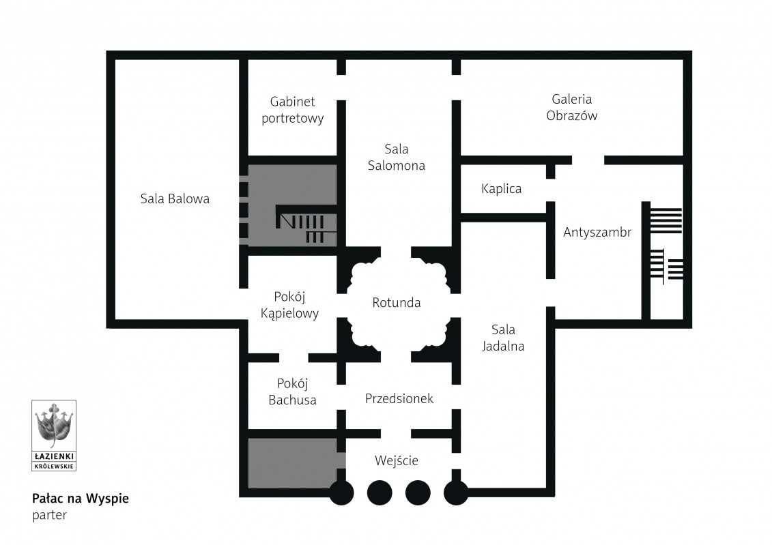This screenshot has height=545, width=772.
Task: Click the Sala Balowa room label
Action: [x=175, y=199]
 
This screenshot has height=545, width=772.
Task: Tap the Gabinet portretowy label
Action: [x=292, y=110]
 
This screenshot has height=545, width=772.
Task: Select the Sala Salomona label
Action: [x=396, y=157]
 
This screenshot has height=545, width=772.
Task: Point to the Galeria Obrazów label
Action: [x=571, y=108]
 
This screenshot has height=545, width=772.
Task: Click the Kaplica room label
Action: [x=501, y=189]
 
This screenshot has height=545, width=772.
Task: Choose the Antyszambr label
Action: [x=597, y=233]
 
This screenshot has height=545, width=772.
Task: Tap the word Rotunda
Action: [x=396, y=302]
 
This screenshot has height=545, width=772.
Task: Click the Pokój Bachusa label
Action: [x=292, y=392]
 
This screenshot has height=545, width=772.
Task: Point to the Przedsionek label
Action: [x=399, y=398]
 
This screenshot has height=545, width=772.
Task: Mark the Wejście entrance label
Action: [x=396, y=461]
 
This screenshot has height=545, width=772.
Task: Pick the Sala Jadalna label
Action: [x=503, y=337]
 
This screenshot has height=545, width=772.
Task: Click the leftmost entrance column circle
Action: [x=341, y=492]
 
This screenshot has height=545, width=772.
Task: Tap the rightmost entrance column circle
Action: [x=455, y=492]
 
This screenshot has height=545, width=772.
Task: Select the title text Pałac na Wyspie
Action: [x=81, y=498]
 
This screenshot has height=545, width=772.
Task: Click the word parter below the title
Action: [x=49, y=515]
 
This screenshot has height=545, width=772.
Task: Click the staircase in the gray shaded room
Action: [x=305, y=224]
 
